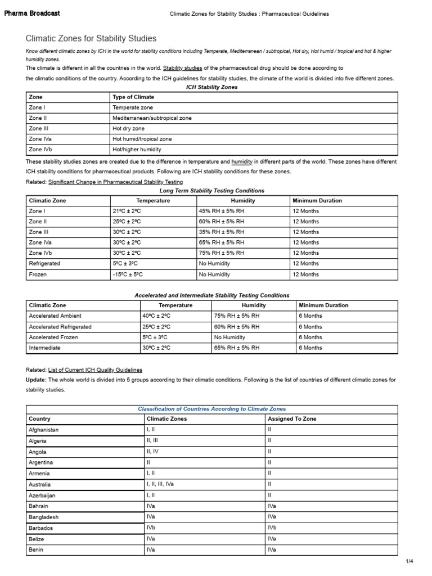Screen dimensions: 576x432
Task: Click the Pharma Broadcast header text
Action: click(32, 13)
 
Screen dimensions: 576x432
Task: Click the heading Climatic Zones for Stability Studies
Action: click(91, 38)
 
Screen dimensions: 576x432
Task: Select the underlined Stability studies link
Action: click(182, 67)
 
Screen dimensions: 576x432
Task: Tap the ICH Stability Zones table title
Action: click(211, 87)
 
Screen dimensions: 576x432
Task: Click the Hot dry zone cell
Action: click(128, 128)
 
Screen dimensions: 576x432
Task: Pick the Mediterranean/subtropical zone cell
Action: click(152, 118)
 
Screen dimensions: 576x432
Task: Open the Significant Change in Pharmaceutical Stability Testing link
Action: click(115, 182)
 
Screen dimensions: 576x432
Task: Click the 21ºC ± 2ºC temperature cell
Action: click(127, 211)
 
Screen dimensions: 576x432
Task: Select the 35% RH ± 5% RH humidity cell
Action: click(222, 232)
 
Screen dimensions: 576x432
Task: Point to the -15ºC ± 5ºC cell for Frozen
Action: click(128, 274)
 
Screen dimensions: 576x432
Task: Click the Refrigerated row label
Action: click(44, 263)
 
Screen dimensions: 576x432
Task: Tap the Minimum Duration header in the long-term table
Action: click(317, 200)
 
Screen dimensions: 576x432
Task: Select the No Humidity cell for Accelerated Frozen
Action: click(229, 337)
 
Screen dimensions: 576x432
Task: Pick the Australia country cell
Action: click(39, 484)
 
